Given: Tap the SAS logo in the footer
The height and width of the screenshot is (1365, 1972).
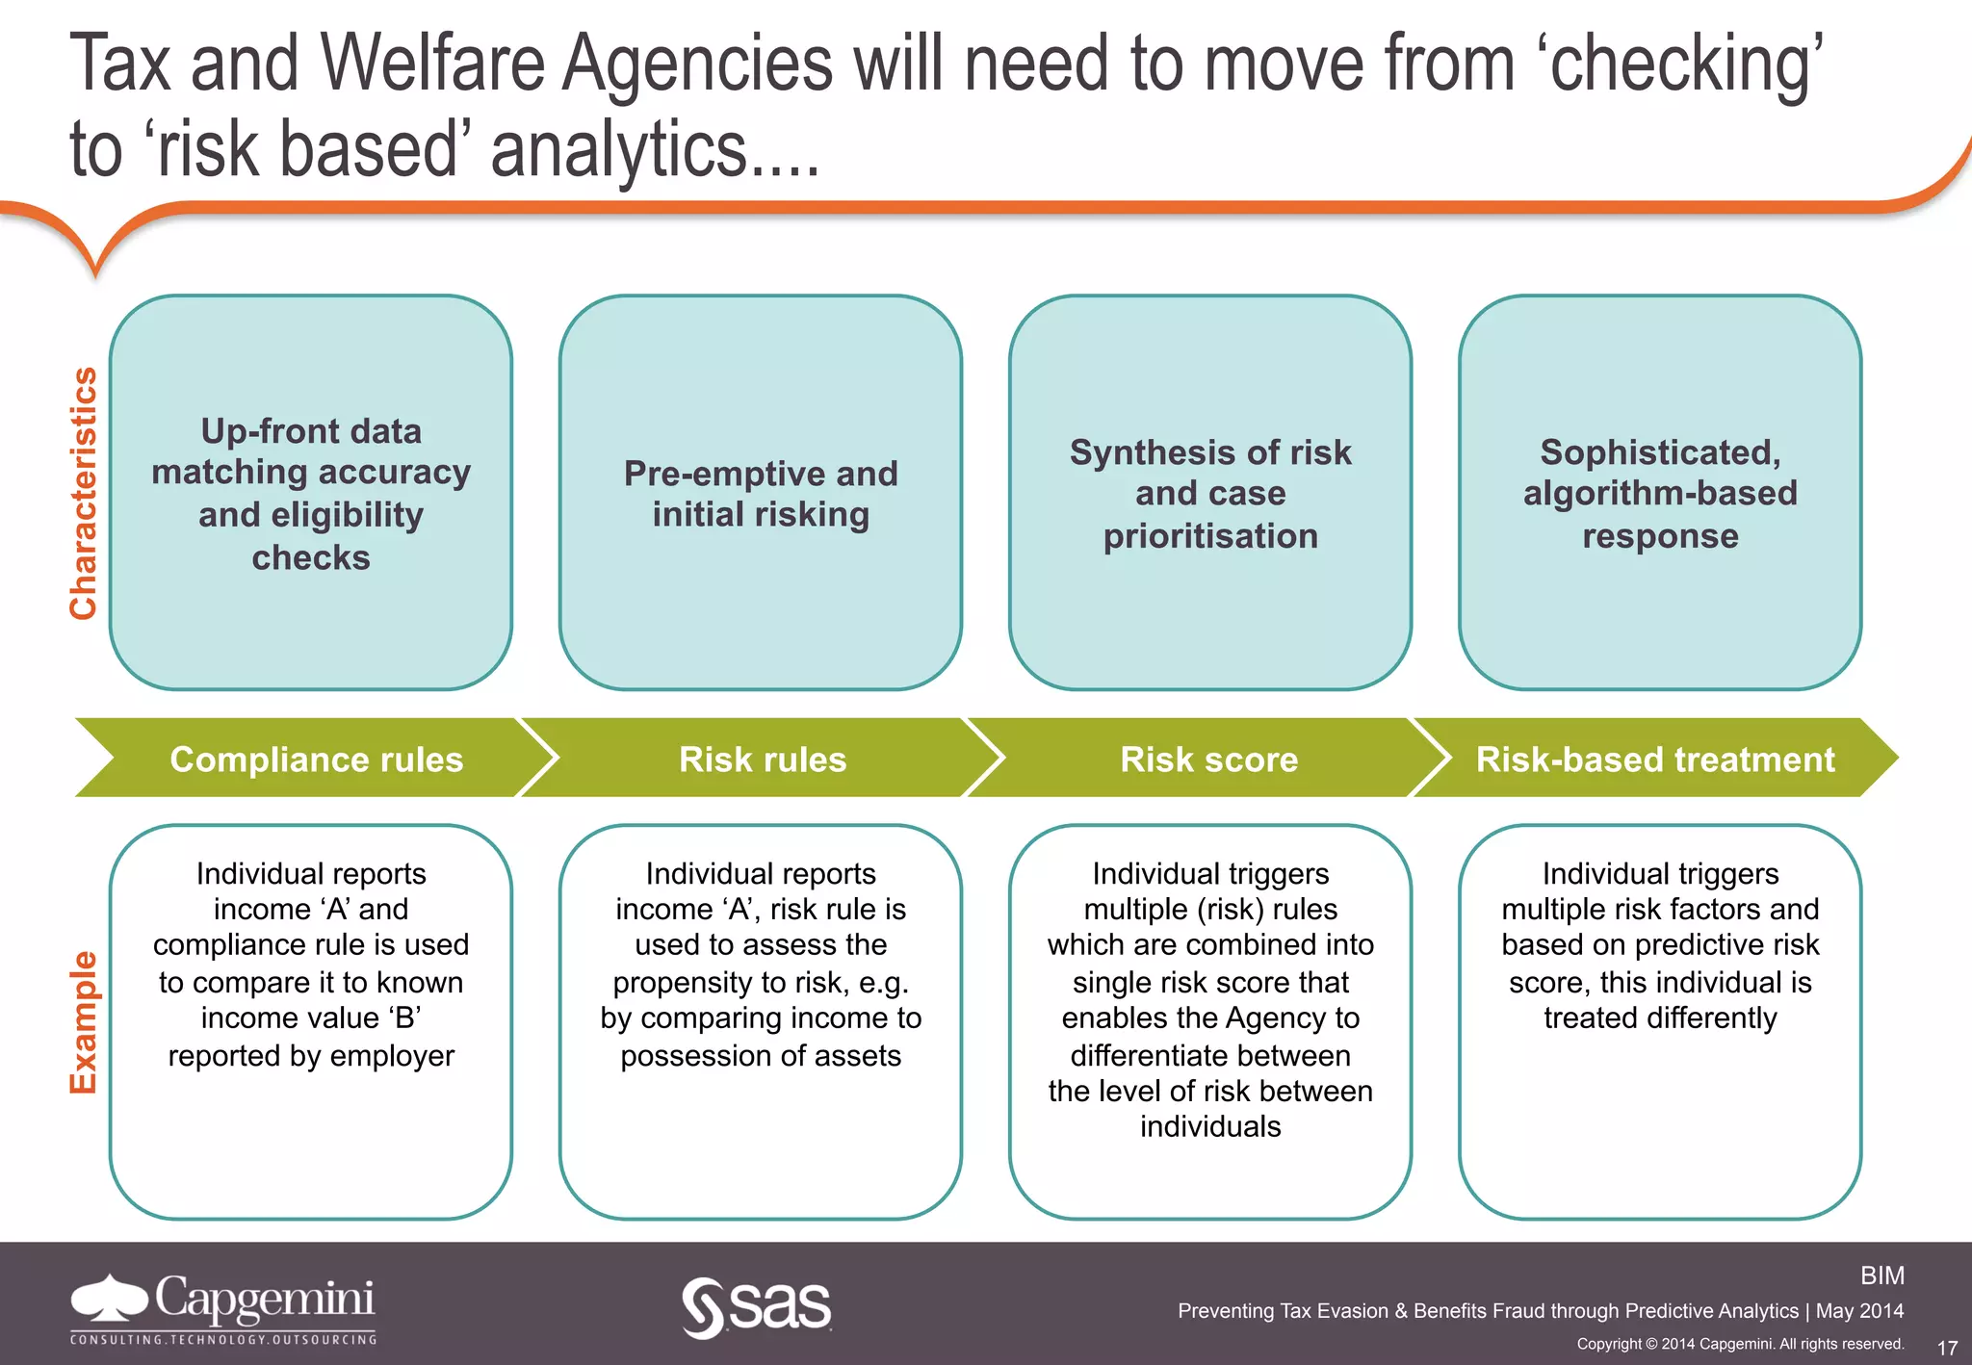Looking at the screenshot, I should click(757, 1307).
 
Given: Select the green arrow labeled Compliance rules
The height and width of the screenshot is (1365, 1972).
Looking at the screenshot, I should click(316, 759).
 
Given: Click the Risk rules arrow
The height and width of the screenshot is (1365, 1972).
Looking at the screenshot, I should click(762, 759).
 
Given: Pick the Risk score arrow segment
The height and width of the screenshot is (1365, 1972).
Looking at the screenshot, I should click(1208, 759).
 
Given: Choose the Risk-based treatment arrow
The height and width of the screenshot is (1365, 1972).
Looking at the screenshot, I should click(1654, 759).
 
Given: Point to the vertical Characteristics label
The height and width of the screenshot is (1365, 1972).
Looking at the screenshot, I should click(84, 493).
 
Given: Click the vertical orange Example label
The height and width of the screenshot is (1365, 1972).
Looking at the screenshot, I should click(84, 1022).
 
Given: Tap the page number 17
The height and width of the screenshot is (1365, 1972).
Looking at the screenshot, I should click(1947, 1348).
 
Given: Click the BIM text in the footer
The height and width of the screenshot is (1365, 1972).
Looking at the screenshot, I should click(1881, 1275).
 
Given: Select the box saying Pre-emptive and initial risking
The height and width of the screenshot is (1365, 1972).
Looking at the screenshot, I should click(761, 493).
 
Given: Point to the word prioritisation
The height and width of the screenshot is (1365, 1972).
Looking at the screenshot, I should click(1210, 536).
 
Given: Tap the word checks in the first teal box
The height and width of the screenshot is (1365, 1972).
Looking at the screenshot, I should click(311, 557).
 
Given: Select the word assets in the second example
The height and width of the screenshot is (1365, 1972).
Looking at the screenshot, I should click(855, 1056).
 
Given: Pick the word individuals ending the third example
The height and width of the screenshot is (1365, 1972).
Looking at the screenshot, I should click(1210, 1126).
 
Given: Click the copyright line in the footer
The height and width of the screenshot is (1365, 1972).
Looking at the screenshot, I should click(1740, 1344).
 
